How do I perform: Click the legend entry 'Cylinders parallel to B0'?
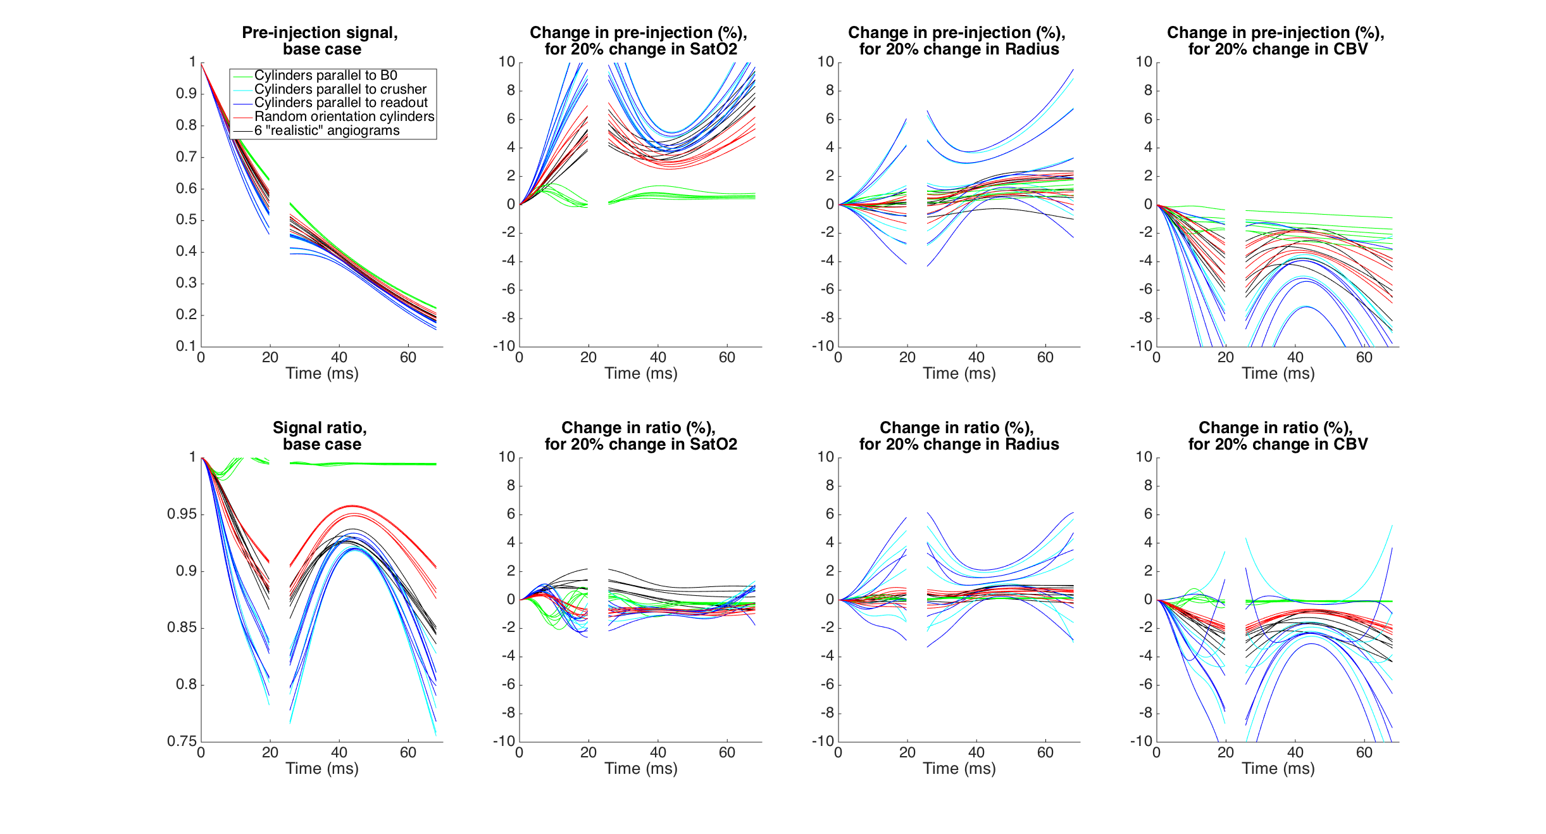pos(325,75)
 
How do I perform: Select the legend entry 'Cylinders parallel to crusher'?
pos(340,89)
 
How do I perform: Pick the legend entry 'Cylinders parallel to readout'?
pos(340,103)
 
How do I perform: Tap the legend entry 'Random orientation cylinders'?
pos(344,117)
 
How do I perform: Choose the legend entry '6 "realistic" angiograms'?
pos(327,130)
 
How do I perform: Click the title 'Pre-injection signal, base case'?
pos(320,41)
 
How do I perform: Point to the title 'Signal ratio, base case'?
pos(320,436)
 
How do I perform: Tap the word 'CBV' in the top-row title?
pos(1350,49)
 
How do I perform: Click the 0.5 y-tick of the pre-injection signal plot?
pos(186,220)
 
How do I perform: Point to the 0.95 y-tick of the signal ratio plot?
pos(182,514)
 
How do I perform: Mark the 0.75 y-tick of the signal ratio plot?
pos(182,741)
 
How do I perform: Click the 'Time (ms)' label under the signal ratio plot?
pos(321,768)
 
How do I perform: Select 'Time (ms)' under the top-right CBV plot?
pos(1278,373)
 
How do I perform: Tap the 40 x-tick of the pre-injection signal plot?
pos(339,357)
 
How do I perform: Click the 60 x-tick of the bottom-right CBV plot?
pos(1364,752)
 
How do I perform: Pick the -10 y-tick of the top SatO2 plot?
pos(504,346)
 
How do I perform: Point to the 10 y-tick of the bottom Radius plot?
pos(825,457)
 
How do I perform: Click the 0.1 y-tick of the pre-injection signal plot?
pos(186,346)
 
